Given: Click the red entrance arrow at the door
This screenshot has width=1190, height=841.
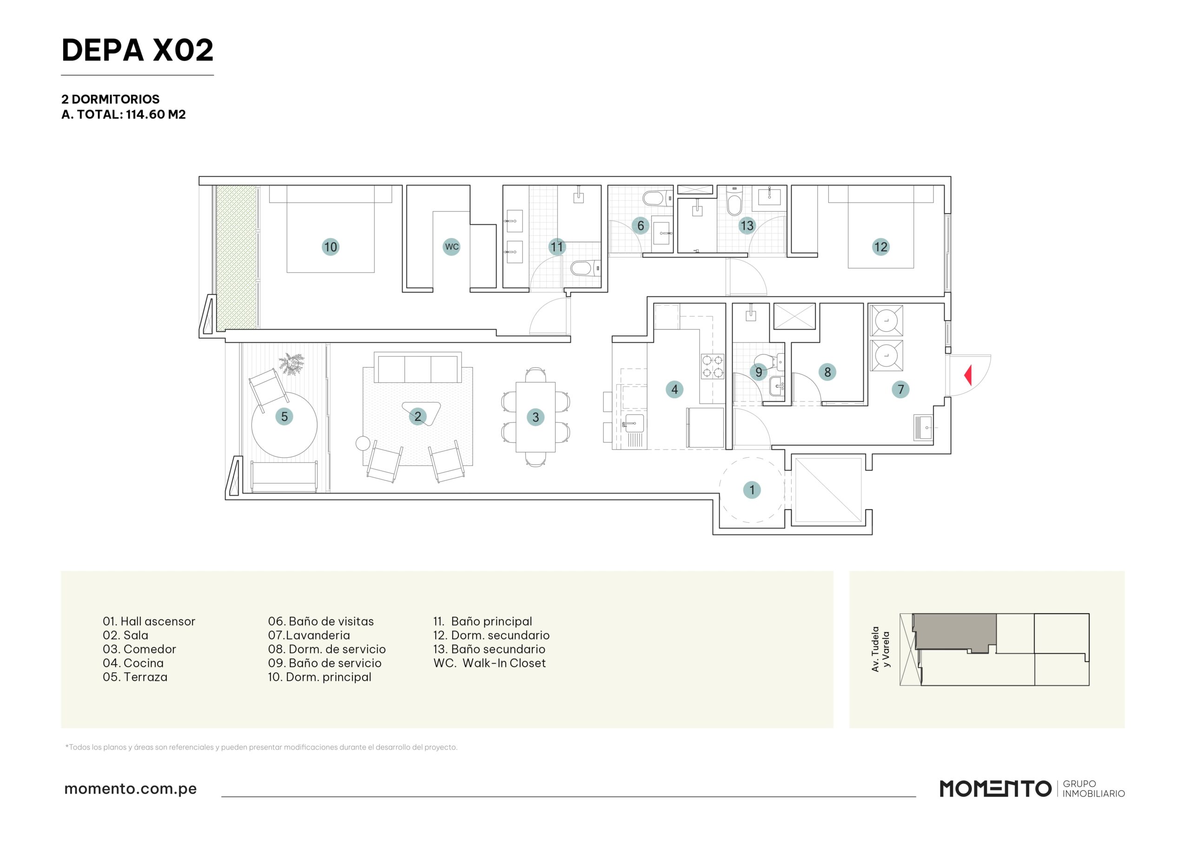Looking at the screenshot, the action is (x=968, y=375).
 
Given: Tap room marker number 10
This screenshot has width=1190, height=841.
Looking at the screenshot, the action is (x=331, y=247).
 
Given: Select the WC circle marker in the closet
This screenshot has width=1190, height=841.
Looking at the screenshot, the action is (x=451, y=247).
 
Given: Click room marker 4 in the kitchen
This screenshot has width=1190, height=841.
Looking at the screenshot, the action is (x=674, y=389).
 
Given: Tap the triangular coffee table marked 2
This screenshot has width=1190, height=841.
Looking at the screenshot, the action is (x=421, y=414).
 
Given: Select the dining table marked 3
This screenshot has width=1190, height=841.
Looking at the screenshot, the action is (x=535, y=417).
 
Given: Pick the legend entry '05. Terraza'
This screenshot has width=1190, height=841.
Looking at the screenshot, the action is (x=135, y=677).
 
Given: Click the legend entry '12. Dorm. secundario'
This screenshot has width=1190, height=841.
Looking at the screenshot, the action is (x=491, y=635).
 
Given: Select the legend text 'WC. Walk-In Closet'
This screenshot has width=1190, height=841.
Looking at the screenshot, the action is (x=489, y=663).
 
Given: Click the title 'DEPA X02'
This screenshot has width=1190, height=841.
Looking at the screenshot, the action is (x=137, y=50).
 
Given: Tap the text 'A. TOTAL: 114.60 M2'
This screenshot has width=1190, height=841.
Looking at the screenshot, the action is (x=123, y=114).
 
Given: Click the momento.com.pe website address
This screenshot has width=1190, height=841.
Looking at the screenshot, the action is (x=131, y=788).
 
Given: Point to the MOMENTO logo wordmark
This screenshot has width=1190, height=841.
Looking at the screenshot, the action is (x=995, y=788).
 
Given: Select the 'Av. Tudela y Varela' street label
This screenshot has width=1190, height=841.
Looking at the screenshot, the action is (x=880, y=649).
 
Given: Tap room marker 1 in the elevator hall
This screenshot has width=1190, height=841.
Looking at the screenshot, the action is (x=752, y=490).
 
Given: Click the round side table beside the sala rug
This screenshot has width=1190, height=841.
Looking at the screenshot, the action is (x=363, y=443).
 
